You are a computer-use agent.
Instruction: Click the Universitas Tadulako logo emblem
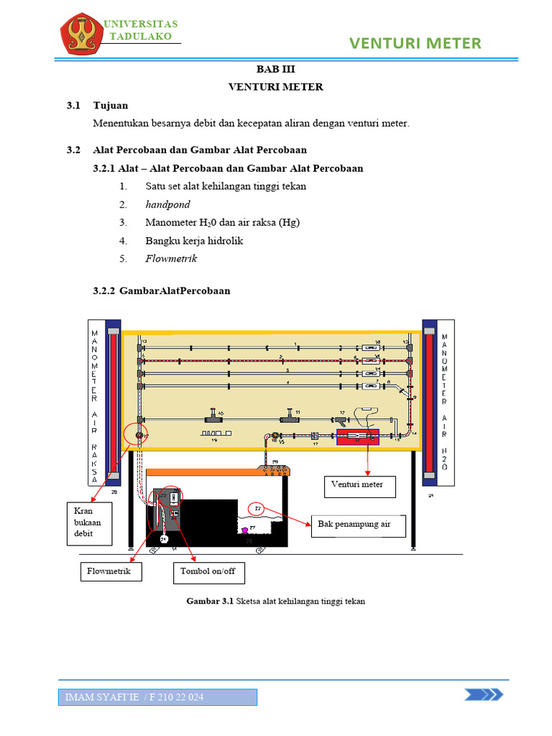[x=80, y=35]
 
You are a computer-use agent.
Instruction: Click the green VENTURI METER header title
[x=415, y=44]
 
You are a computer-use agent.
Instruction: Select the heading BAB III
[x=276, y=70]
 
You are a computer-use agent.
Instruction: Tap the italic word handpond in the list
[x=167, y=205]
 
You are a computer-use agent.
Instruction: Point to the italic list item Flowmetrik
[x=171, y=259]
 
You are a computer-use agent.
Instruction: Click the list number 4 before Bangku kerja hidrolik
[x=123, y=241]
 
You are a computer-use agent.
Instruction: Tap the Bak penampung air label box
[x=358, y=525]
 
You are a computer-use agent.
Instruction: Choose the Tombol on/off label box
[x=208, y=572]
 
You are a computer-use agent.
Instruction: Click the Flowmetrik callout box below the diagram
[x=110, y=571]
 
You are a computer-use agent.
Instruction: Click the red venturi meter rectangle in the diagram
[x=358, y=437]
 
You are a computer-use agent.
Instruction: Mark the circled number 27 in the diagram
[x=258, y=508]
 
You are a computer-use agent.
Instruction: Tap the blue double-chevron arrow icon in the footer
[x=483, y=694]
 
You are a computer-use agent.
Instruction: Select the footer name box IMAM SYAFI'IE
[x=158, y=697]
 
